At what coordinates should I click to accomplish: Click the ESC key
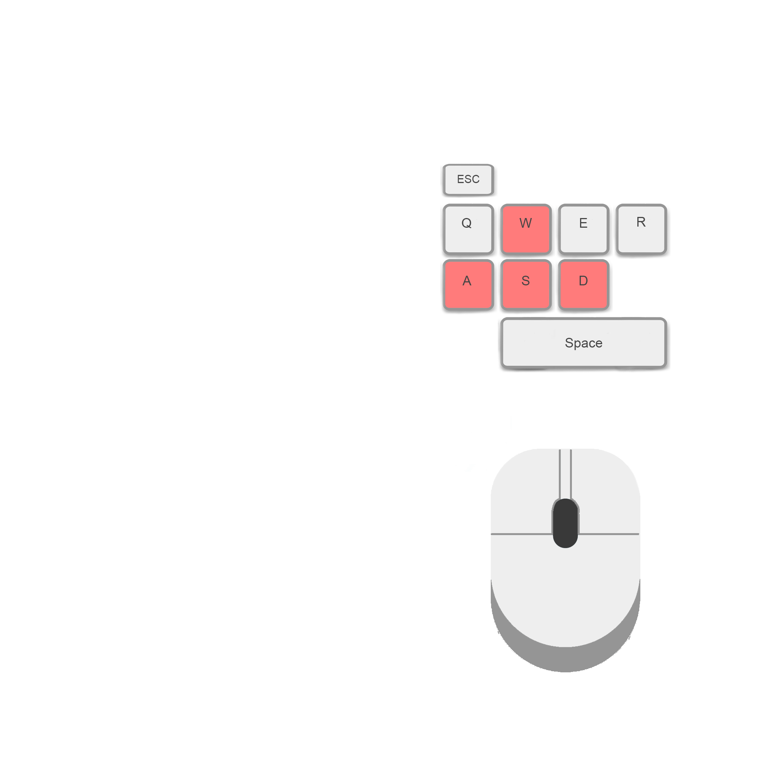(x=468, y=180)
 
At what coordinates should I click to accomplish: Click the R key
(x=641, y=229)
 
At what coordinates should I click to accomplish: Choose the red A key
(x=468, y=285)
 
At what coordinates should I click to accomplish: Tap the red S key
(x=525, y=285)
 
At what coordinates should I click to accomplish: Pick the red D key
(x=583, y=285)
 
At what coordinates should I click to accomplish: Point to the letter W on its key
(x=525, y=223)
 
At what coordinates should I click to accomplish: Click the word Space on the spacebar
(x=583, y=343)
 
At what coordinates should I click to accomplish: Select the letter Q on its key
(x=467, y=223)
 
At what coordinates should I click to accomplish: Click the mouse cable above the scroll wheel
(x=565, y=473)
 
